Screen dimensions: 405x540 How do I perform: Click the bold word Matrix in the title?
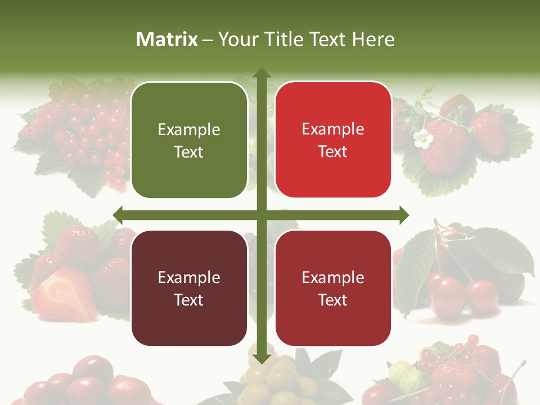[x=167, y=39]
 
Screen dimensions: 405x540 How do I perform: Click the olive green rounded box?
[x=189, y=140]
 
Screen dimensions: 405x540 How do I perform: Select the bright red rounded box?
[x=333, y=140]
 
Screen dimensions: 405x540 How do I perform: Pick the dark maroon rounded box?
[x=189, y=288]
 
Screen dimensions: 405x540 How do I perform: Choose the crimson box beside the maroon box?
[x=333, y=288]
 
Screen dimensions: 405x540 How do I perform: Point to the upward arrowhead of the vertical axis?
[x=261, y=73]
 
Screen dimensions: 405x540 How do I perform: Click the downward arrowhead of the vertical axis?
[x=261, y=358]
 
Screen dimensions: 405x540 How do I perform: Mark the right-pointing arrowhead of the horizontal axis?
[x=403, y=215]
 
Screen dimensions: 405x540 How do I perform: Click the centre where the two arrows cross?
[x=261, y=215]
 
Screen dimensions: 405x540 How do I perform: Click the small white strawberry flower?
[x=422, y=138]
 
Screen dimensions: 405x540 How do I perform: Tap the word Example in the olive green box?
[x=189, y=129]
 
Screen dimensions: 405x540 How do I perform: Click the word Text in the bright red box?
[x=333, y=151]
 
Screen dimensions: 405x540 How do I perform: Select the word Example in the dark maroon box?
[x=189, y=277]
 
